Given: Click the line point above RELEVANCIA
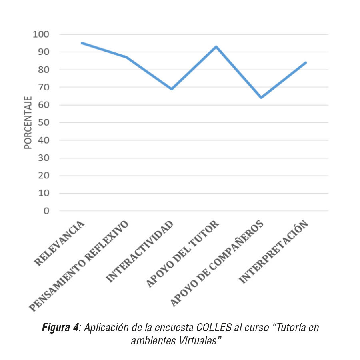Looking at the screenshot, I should tap(82, 43).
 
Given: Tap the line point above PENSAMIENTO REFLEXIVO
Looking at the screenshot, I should tap(126, 57).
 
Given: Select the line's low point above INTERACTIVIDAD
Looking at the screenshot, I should tap(172, 89).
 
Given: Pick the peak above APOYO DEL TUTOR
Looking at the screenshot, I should tap(216, 46).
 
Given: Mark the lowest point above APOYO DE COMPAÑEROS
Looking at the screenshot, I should tap(261, 98).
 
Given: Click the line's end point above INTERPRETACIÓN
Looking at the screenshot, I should tap(306, 62).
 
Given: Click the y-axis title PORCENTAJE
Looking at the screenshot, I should tap(28, 122).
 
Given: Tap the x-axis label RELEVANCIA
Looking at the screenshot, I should tap(60, 243).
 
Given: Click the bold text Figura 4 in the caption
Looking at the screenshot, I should tap(60, 328).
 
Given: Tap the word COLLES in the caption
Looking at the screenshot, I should tap(214, 328).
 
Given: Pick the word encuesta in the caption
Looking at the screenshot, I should tap(174, 328).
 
